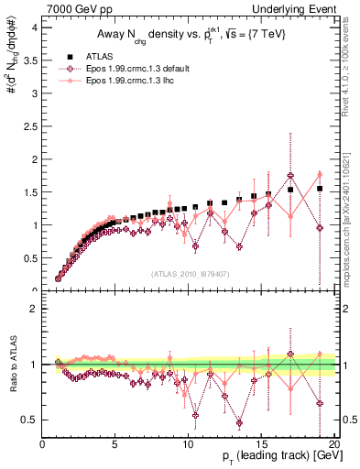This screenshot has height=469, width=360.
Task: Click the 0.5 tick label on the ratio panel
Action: (31, 420)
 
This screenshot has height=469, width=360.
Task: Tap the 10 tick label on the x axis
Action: (187, 444)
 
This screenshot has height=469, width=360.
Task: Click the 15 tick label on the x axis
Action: (259, 444)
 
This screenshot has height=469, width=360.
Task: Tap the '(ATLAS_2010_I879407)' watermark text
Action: (190, 274)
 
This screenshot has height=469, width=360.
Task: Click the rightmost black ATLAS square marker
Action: (320, 189)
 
